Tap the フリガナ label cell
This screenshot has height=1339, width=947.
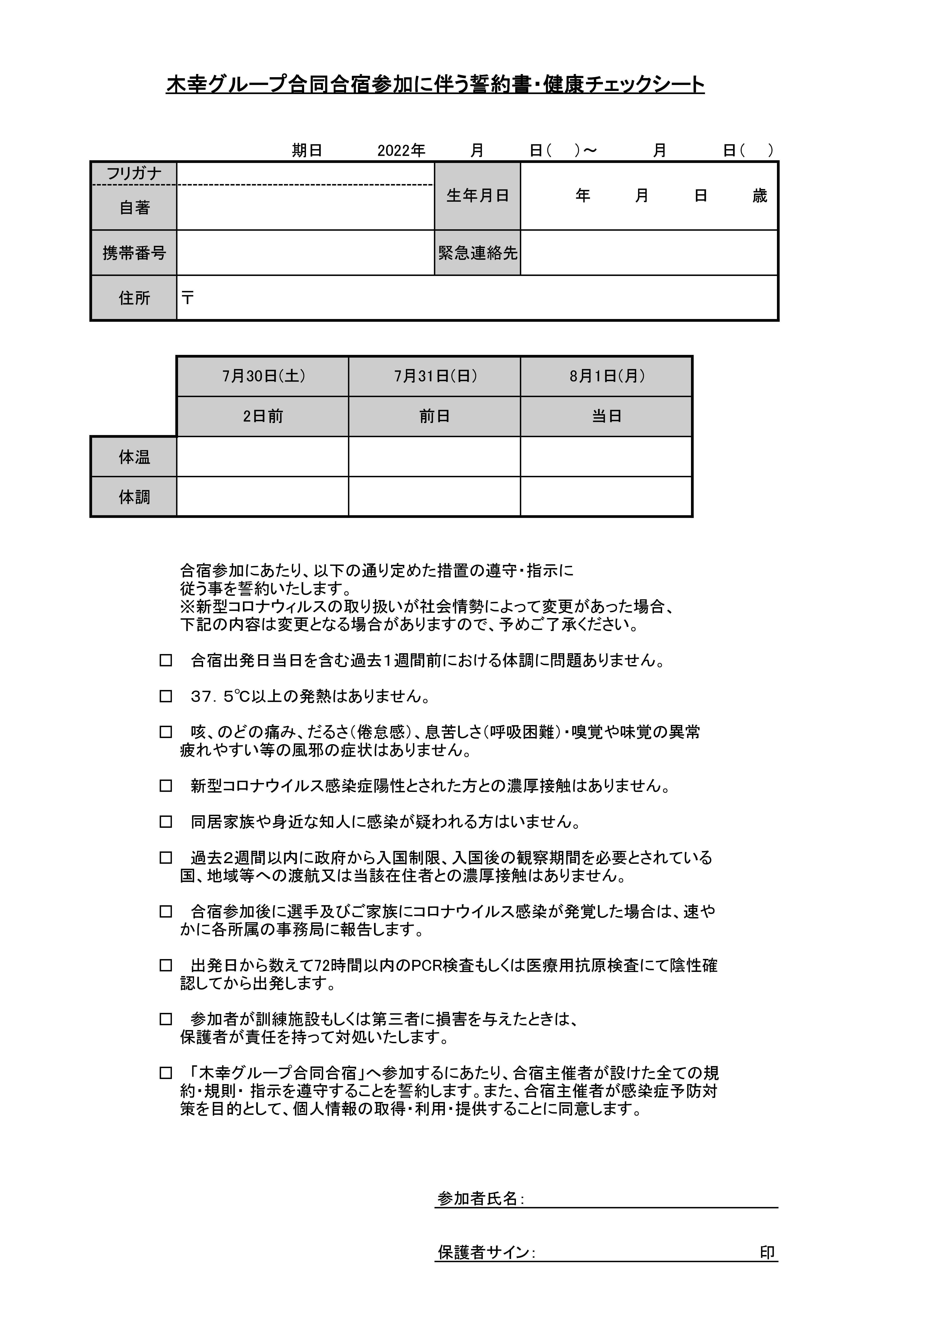click(134, 173)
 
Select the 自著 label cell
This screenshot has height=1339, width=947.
click(134, 208)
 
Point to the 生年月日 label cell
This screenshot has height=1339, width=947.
click(477, 196)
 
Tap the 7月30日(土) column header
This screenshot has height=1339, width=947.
click(263, 376)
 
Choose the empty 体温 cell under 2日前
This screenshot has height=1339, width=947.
click(263, 457)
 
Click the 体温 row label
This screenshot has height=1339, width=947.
click(134, 457)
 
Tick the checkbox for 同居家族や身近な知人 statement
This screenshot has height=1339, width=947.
click(166, 822)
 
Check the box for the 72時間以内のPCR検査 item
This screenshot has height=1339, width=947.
click(166, 965)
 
